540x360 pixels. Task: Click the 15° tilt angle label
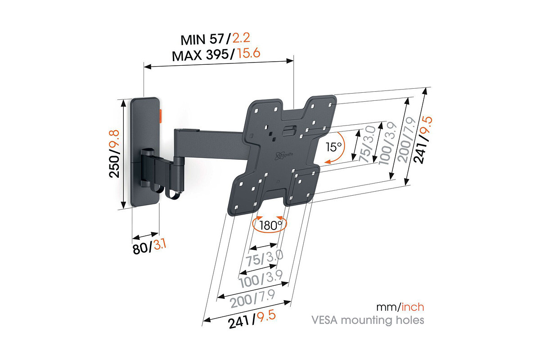[x=333, y=146]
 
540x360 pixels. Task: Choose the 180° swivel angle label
[x=270, y=225]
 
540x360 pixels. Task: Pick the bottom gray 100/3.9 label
[x=261, y=279]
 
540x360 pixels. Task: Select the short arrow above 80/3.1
[x=145, y=236]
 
